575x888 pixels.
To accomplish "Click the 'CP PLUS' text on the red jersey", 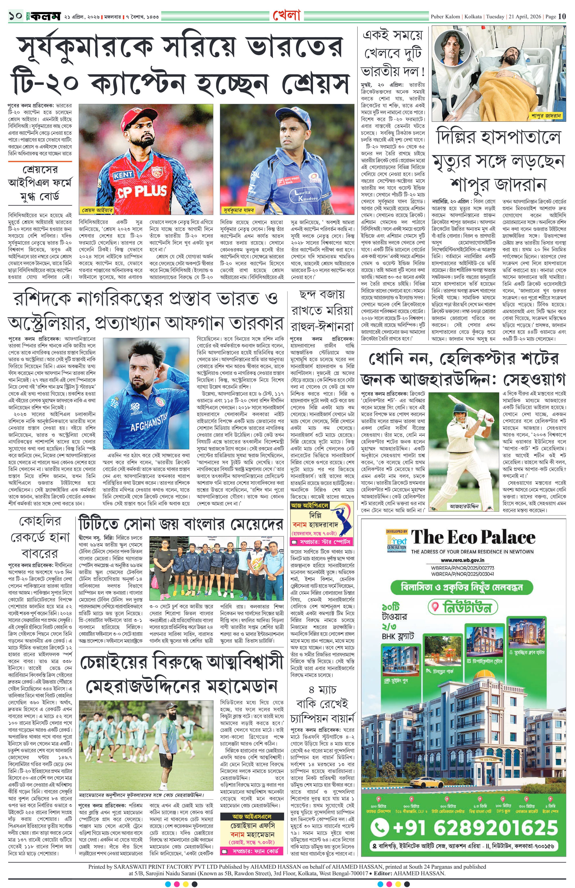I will point(142,191).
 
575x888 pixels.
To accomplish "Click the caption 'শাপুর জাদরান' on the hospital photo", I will point(546,116).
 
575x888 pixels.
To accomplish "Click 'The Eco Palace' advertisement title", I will point(473,538).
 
